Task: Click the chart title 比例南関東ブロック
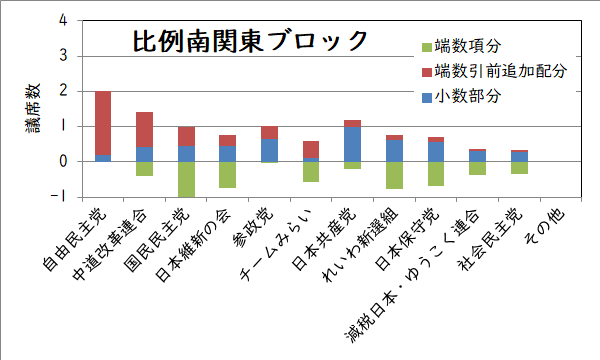tap(250, 41)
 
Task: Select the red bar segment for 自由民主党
tap(103, 123)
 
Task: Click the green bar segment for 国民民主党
tap(186, 179)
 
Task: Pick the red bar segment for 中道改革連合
tap(144, 130)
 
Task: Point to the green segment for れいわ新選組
tap(393, 175)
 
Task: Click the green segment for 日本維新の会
tap(227, 174)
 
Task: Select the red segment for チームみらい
tap(310, 149)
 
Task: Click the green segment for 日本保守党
tap(435, 173)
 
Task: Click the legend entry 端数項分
tap(459, 47)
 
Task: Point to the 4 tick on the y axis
tap(64, 20)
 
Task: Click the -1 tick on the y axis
tap(62, 197)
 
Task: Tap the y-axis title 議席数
tap(31, 108)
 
